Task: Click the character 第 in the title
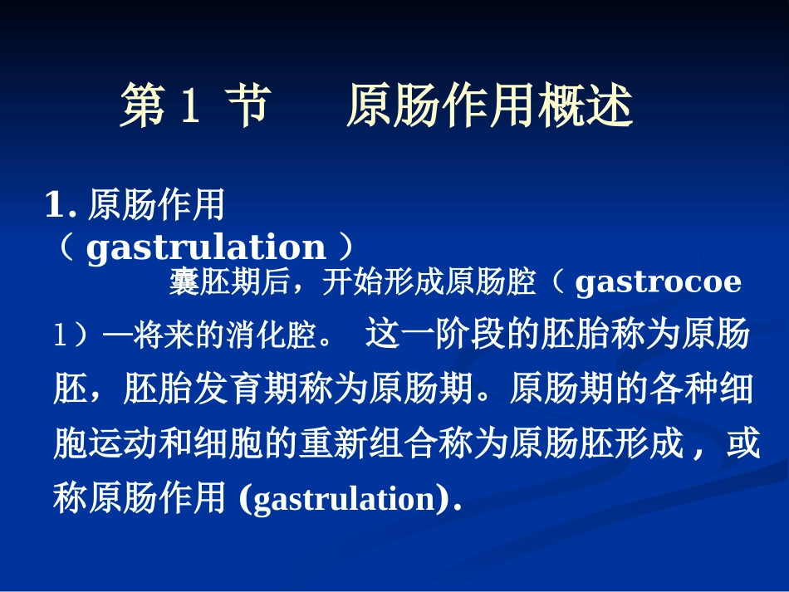(x=143, y=106)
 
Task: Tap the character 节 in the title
(x=247, y=106)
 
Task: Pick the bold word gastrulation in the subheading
(x=205, y=247)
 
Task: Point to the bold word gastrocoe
(x=657, y=283)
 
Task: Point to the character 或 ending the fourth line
(x=742, y=444)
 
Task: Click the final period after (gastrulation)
(x=457, y=501)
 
